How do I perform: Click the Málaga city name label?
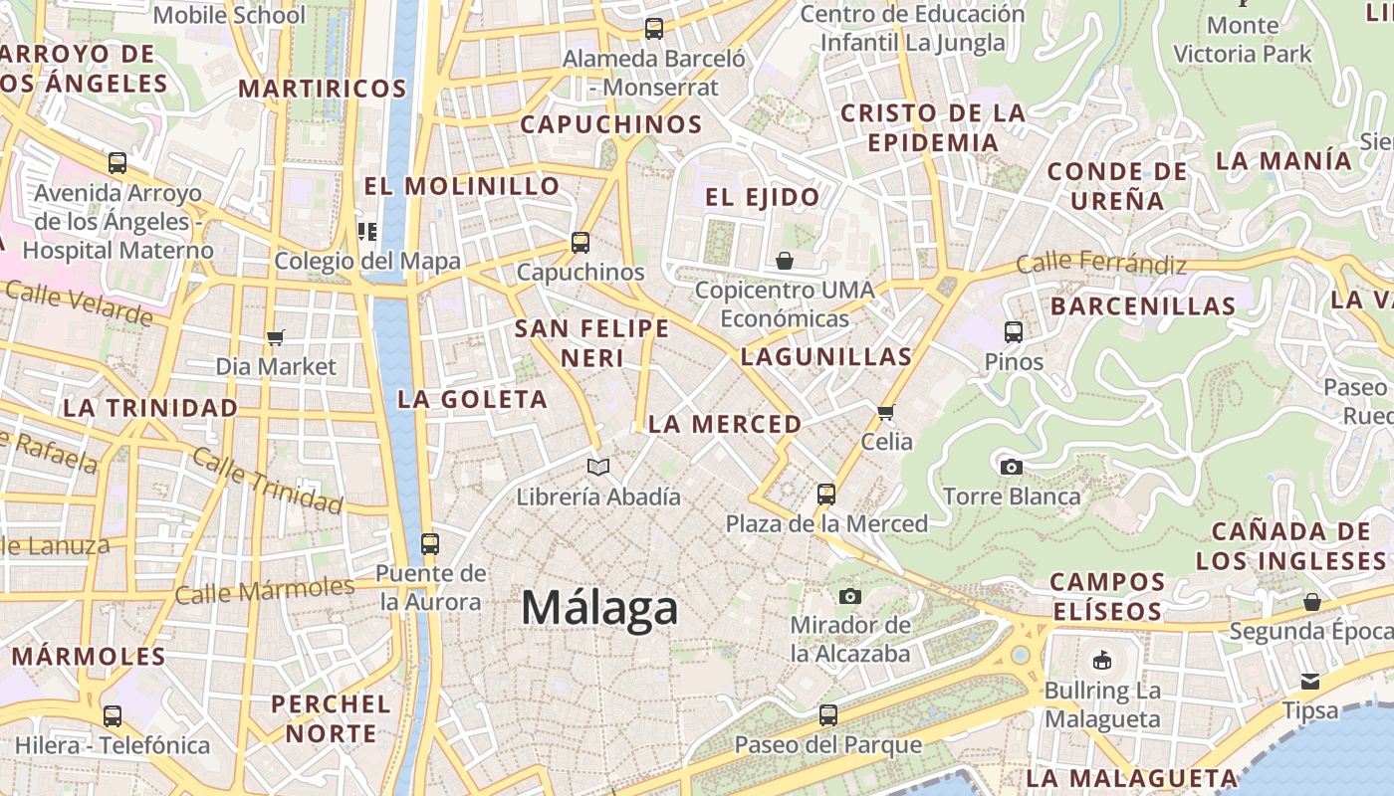tap(599, 607)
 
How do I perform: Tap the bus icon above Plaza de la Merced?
tap(825, 494)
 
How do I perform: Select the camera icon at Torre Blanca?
tap(1011, 467)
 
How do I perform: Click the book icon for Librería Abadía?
tap(597, 467)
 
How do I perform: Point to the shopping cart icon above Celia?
tap(885, 411)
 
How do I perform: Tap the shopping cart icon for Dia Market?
tap(276, 337)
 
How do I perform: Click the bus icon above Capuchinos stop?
tap(580, 242)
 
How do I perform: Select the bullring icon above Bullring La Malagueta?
tap(1101, 661)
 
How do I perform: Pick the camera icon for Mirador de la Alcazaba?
tap(849, 596)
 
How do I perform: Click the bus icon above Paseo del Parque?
tap(827, 714)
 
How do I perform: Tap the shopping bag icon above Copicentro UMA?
tap(785, 261)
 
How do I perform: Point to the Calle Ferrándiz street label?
tap(1101, 264)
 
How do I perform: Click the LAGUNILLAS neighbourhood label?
tap(826, 356)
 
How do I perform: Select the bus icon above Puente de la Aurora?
tap(430, 544)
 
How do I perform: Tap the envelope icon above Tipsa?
tap(1309, 682)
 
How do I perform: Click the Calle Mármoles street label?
tap(264, 590)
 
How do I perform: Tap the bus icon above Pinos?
tap(1014, 332)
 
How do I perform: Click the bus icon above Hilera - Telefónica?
tap(113, 715)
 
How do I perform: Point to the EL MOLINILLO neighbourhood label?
tap(461, 186)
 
